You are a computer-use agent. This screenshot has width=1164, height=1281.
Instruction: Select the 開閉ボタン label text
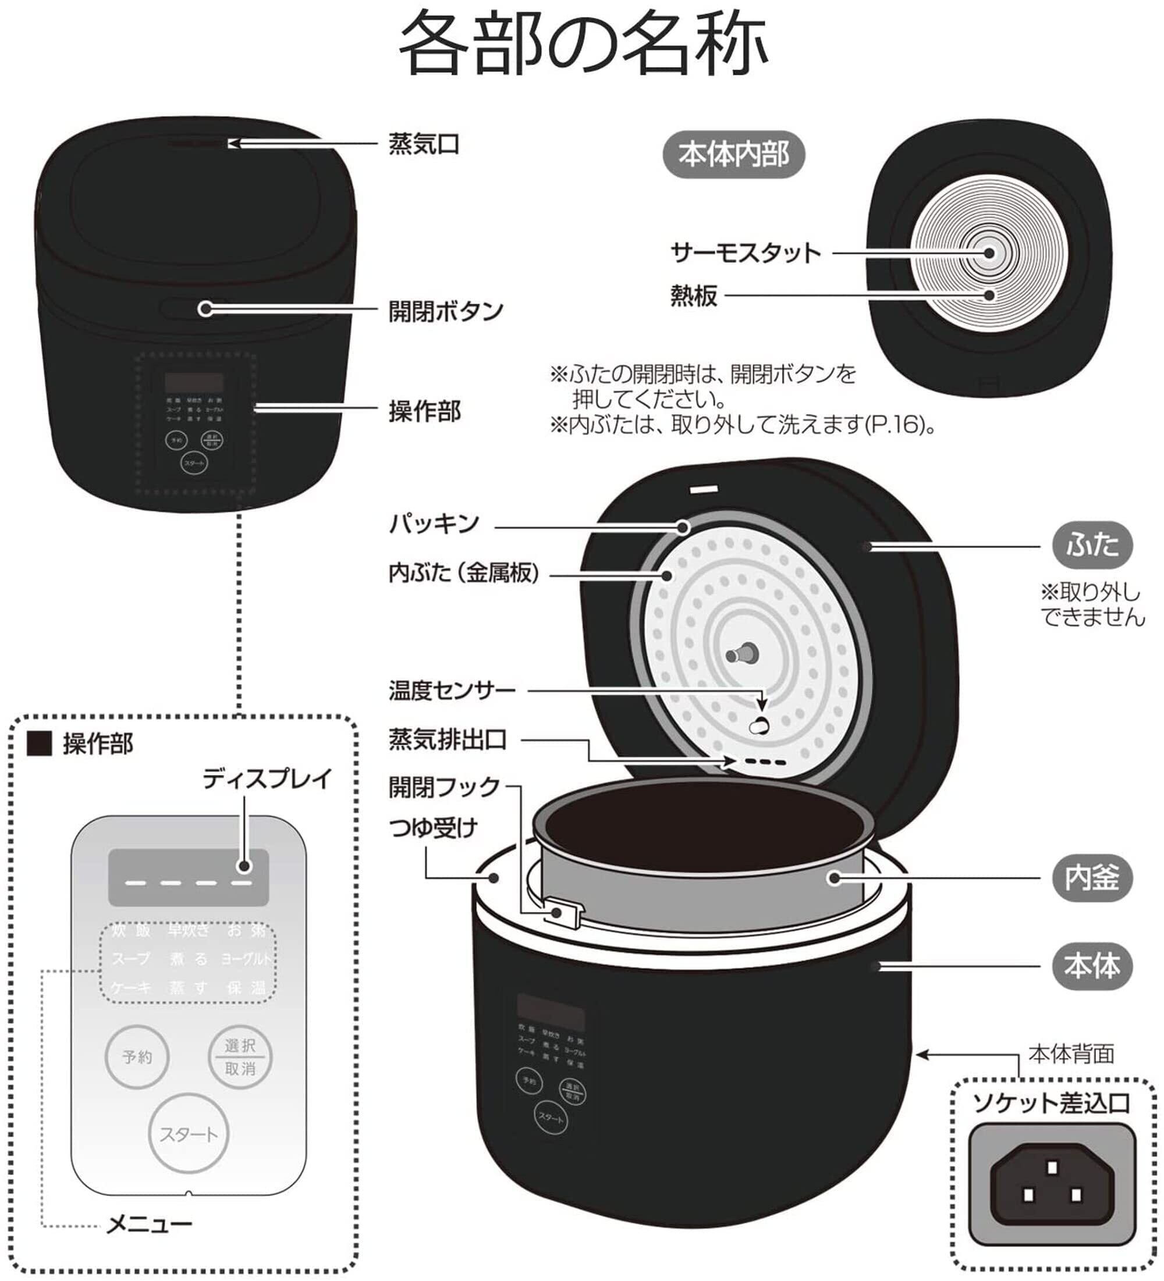coord(446,311)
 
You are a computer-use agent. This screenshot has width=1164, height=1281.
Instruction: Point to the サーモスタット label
coord(746,253)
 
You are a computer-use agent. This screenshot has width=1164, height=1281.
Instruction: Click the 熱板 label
coord(694,296)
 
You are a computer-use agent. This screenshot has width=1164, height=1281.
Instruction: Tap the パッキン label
coord(434,524)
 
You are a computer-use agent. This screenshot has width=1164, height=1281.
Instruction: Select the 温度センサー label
coord(452,690)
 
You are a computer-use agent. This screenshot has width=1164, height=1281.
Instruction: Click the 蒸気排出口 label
coord(448,739)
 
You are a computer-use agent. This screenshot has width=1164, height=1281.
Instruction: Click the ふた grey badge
coord(1091,545)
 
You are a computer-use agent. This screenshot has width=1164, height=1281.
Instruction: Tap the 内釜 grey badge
coord(1091,878)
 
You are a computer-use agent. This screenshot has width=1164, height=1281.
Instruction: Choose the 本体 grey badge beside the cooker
coord(1091,966)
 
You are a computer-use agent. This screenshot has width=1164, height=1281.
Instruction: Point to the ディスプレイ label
coord(267,778)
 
